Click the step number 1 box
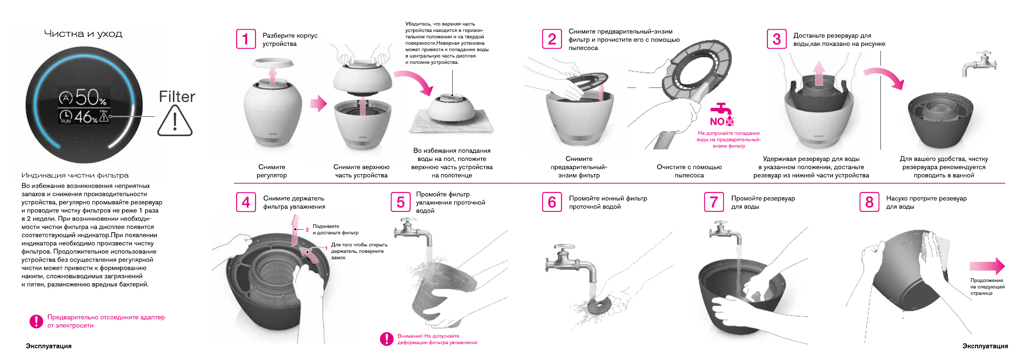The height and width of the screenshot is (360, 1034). coord(245,39)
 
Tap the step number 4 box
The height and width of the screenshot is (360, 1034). coord(245,202)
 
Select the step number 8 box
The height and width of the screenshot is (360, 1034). coord(869,202)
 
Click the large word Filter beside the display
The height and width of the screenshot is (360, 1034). coord(177,97)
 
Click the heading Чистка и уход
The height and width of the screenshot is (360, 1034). coord(83,34)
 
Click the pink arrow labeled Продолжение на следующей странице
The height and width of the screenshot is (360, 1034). coord(987,266)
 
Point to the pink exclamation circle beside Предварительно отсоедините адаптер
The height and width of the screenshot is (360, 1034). coord(36,321)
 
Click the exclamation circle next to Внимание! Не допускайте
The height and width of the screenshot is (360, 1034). coord(386,339)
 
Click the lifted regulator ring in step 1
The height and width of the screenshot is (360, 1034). coord(273,63)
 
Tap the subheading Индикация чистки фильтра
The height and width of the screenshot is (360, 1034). coord(75,175)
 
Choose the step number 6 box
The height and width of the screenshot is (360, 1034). coord(552,202)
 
